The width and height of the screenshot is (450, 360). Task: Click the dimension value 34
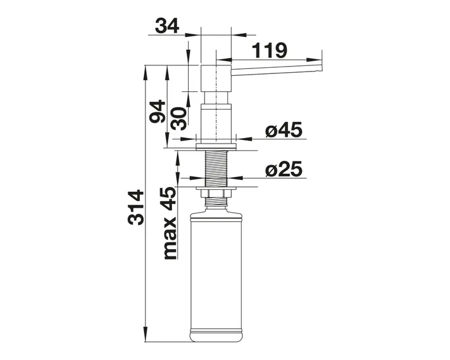[167, 25]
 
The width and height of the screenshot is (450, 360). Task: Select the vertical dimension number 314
[136, 207]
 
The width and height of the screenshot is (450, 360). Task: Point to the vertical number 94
[157, 111]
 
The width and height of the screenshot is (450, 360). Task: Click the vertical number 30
[179, 118]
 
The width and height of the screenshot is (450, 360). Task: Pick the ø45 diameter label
[284, 130]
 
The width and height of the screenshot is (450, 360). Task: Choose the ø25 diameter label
[284, 169]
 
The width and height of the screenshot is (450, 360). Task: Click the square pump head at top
[216, 78]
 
